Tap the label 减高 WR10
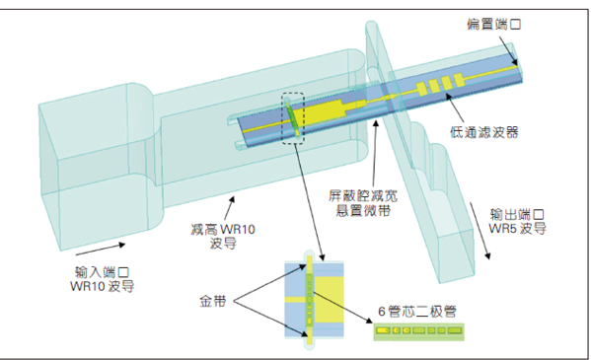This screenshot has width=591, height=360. click(x=225, y=229)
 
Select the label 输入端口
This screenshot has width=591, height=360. click(x=102, y=272)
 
